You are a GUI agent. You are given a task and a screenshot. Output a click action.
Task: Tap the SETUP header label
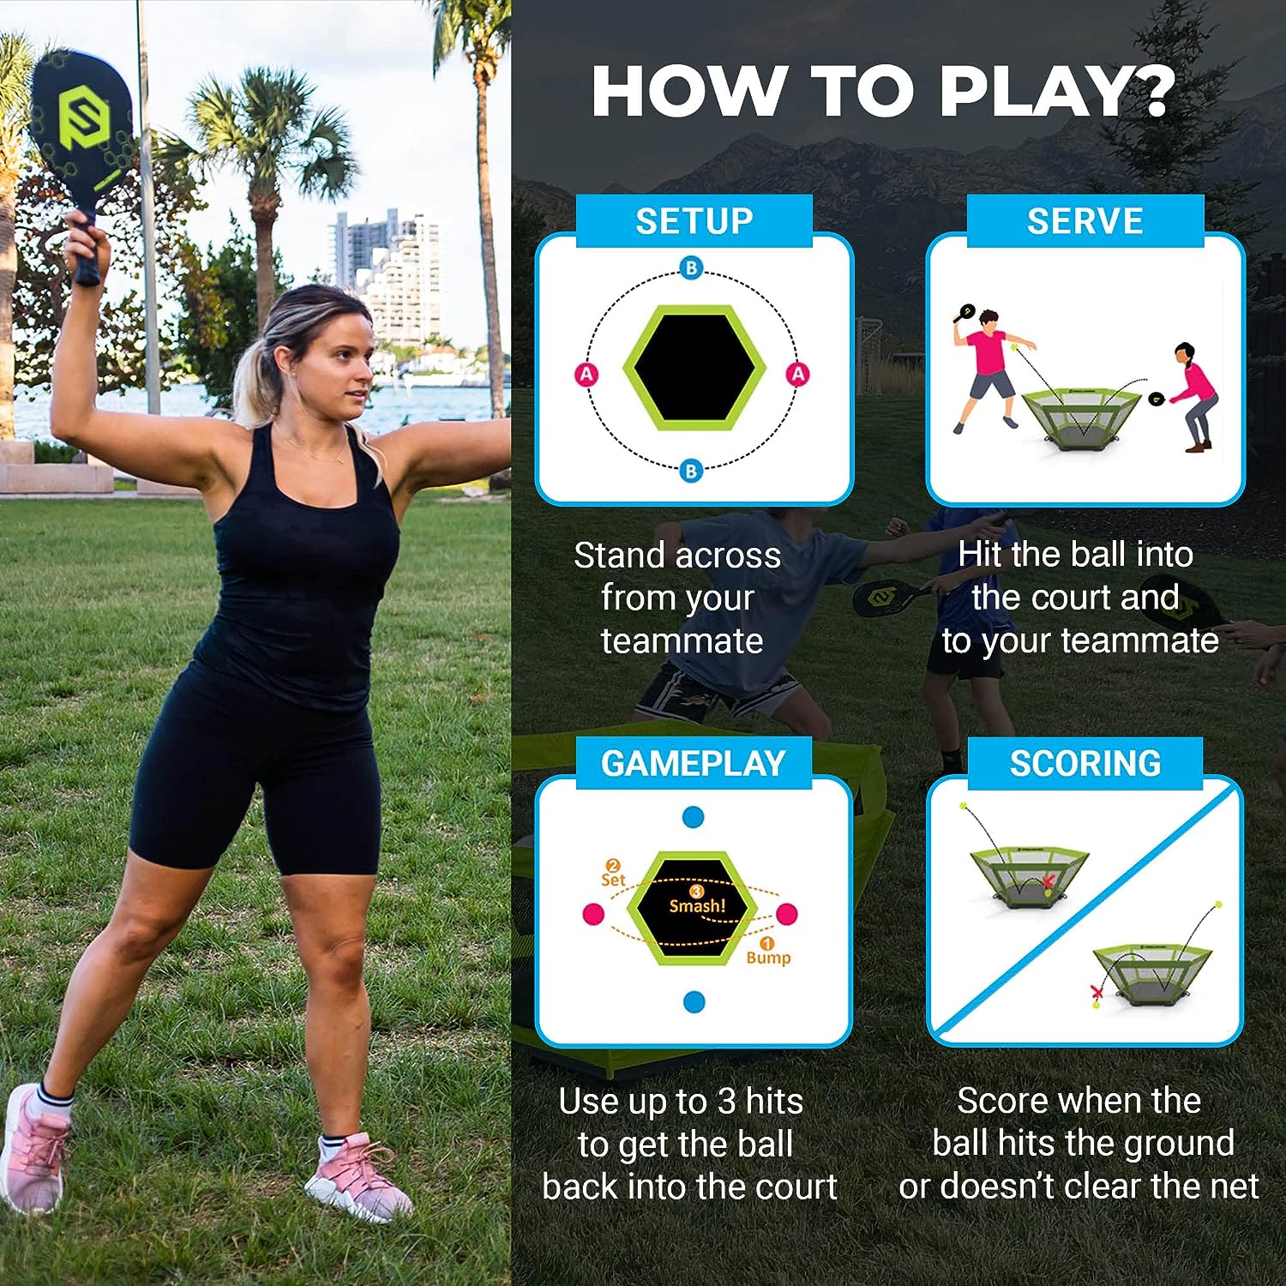694,221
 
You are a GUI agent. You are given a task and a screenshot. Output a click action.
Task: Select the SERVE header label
1085,221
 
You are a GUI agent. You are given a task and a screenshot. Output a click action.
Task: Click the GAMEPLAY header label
693,763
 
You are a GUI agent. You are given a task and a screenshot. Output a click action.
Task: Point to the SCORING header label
1085,763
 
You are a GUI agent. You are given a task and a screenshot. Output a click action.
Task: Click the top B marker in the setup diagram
691,268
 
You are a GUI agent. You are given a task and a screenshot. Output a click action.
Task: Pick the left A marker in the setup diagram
586,374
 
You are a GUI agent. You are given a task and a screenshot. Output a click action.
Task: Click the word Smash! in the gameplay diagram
697,905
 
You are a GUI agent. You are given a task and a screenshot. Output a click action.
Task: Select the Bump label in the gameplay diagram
768,957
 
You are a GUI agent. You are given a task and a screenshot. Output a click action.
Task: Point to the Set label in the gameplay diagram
613,879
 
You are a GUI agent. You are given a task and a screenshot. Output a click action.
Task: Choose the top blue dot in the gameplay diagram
693,817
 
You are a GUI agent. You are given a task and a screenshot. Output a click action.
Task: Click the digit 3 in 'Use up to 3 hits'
727,1102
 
